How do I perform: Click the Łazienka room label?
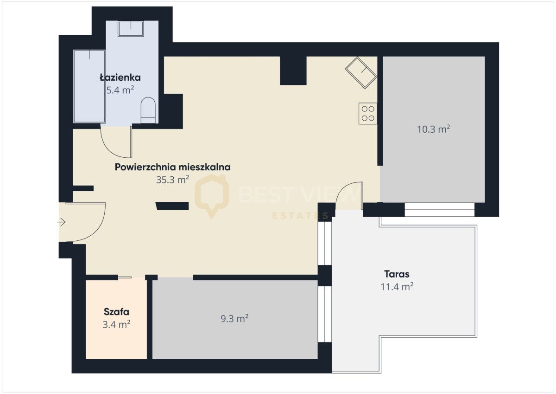coord(120,78)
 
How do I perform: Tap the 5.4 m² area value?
coord(120,90)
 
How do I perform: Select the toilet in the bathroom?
coord(148,110)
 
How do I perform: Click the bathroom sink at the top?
coord(131,29)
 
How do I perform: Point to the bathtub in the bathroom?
coord(89,86)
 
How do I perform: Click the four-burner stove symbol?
coord(368,113)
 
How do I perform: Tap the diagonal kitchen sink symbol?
coord(361,72)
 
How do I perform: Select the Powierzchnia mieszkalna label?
coord(172,167)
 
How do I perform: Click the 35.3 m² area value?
coord(172,180)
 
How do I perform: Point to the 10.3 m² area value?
coord(433,129)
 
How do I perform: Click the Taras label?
coord(397,274)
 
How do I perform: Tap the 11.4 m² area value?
coord(397,287)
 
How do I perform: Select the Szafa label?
coord(116,312)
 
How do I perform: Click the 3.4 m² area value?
coord(116,324)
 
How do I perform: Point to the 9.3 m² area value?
coord(234,318)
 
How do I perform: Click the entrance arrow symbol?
coord(61,222)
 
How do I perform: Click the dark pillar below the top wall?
coord(293,71)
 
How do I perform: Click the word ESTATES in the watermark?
coord(300,216)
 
